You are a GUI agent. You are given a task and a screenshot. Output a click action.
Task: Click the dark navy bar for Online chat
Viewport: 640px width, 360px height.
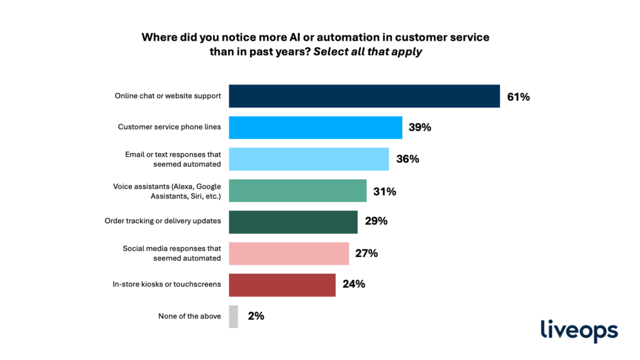(x=364, y=96)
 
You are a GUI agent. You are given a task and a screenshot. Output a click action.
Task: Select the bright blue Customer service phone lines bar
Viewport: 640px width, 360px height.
(x=316, y=127)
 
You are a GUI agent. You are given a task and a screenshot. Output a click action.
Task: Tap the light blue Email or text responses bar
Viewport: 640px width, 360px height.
(x=309, y=159)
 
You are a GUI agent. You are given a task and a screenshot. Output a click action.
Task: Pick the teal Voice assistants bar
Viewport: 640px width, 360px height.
(x=297, y=191)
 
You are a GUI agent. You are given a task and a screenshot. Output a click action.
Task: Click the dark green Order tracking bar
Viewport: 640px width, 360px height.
(x=293, y=222)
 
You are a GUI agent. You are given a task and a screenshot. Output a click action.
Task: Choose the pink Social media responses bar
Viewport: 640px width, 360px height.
(x=289, y=253)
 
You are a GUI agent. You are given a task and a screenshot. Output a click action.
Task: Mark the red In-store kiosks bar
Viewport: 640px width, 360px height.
(x=282, y=284)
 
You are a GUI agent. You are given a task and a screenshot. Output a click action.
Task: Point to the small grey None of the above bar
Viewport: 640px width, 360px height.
(x=234, y=316)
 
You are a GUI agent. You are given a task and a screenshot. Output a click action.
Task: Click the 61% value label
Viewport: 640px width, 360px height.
(x=518, y=97)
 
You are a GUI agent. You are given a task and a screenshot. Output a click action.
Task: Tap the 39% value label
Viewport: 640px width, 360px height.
(x=420, y=127)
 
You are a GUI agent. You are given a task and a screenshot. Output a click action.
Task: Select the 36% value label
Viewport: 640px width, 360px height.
(x=407, y=159)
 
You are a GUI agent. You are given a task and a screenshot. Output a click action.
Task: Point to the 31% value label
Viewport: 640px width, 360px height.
(x=384, y=191)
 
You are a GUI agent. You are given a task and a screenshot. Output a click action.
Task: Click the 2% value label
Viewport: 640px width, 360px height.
(x=256, y=316)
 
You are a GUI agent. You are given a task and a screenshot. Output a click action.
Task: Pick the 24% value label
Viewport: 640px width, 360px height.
(x=354, y=284)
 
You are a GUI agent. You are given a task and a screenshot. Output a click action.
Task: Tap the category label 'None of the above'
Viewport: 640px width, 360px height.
(x=189, y=316)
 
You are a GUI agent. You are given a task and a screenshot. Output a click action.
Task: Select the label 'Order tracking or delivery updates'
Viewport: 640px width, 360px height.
(x=162, y=222)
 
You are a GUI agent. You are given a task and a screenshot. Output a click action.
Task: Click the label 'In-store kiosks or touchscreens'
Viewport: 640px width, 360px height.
(x=166, y=284)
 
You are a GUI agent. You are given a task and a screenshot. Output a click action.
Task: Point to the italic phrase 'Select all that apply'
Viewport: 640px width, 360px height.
(x=367, y=52)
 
